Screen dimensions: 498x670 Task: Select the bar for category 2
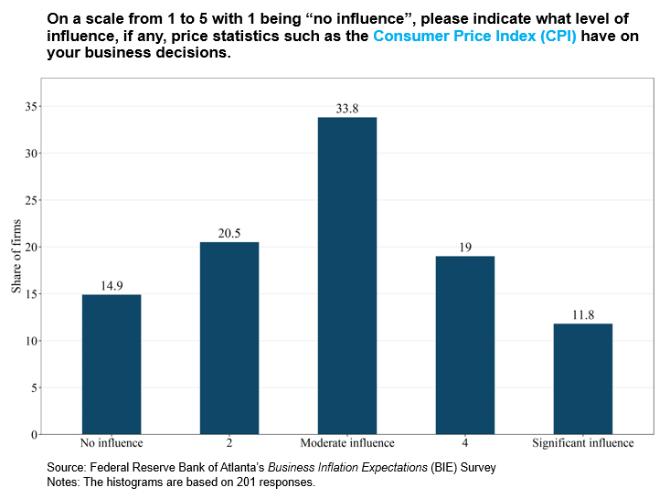tap(229, 338)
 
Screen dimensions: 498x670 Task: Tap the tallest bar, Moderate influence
tap(347, 275)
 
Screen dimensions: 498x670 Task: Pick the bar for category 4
tap(464, 344)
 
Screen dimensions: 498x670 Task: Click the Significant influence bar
tap(582, 378)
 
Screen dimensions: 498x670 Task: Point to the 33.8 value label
tap(347, 109)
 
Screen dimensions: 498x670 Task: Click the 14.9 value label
tap(112, 286)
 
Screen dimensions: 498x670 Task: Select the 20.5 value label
tap(229, 234)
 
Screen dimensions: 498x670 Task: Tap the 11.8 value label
tap(582, 315)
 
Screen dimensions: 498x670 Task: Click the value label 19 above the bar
tap(464, 248)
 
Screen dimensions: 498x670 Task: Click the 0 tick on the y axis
tap(33, 434)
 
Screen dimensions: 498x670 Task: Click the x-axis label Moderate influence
tap(347, 443)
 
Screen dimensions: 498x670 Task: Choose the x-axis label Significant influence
tap(582, 443)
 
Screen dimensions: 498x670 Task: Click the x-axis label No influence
tap(112, 443)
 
